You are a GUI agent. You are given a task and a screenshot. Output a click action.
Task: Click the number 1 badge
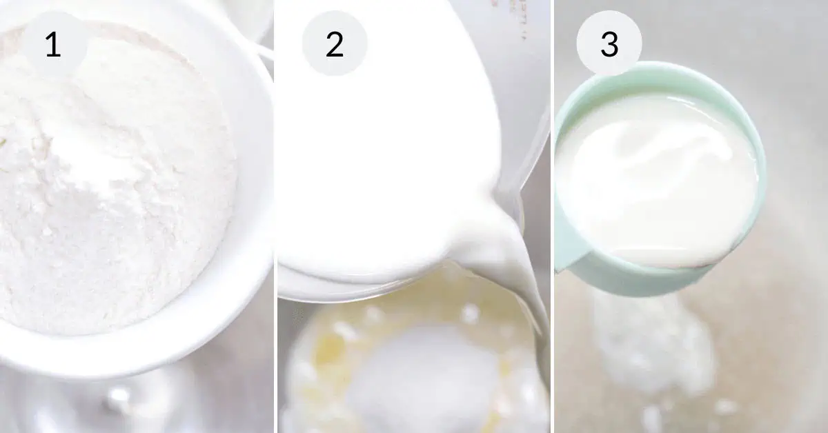click(54, 43)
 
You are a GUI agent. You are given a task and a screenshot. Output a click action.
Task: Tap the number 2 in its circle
click(335, 44)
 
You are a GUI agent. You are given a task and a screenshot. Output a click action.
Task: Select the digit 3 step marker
click(609, 44)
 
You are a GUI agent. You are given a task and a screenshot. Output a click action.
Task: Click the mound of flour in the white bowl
click(111, 177)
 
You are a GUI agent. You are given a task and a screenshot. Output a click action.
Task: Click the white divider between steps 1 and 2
click(276, 216)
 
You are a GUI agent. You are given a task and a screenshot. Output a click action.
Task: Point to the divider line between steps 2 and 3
click(552, 216)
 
